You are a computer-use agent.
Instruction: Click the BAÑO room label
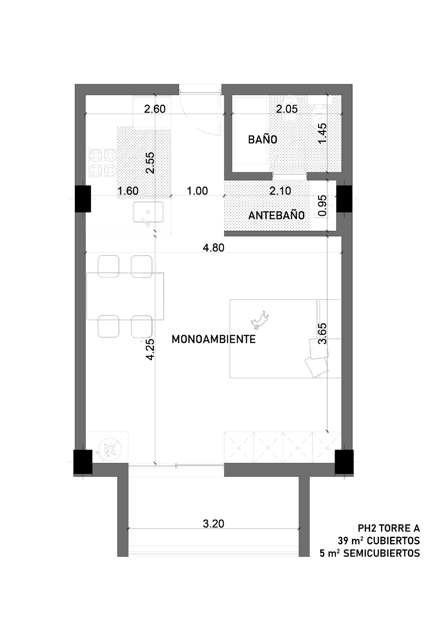pyautogui.click(x=262, y=140)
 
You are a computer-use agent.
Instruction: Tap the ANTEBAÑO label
pyautogui.click(x=277, y=216)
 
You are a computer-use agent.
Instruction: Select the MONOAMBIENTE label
pyautogui.click(x=213, y=339)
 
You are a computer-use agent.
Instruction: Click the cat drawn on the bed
pyautogui.click(x=259, y=319)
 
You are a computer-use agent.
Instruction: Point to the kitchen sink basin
pyautogui.click(x=148, y=212)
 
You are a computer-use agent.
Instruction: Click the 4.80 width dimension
pyautogui.click(x=213, y=248)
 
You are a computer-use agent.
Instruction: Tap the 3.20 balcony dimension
pyautogui.click(x=213, y=524)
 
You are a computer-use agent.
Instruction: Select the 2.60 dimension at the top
pyautogui.click(x=155, y=109)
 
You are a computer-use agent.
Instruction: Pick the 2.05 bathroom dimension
pyautogui.click(x=287, y=109)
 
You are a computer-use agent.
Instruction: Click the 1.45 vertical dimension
pyautogui.click(x=322, y=133)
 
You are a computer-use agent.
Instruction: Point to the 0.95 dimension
pyautogui.click(x=322, y=206)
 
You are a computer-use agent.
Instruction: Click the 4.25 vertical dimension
pyautogui.click(x=150, y=350)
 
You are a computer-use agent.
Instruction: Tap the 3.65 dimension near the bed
pyautogui.click(x=322, y=333)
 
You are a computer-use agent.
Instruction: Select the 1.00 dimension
pyautogui.click(x=197, y=191)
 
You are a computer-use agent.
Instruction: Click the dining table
pyautogui.click(x=125, y=296)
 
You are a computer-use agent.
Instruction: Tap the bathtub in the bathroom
pyautogui.click(x=250, y=131)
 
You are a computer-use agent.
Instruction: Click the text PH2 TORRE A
pyautogui.click(x=389, y=528)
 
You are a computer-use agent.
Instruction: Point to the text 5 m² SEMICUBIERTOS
pyautogui.click(x=370, y=553)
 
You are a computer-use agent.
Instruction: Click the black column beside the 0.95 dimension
pyautogui.click(x=344, y=199)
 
